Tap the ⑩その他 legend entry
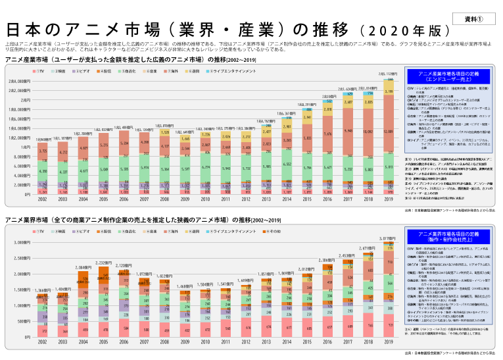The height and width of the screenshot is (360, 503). click(x=272, y=232)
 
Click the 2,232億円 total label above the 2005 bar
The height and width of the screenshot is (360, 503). click(x=104, y=262)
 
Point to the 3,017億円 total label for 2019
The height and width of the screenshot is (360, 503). click(x=389, y=238)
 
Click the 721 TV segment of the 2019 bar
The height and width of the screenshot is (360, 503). click(x=389, y=325)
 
